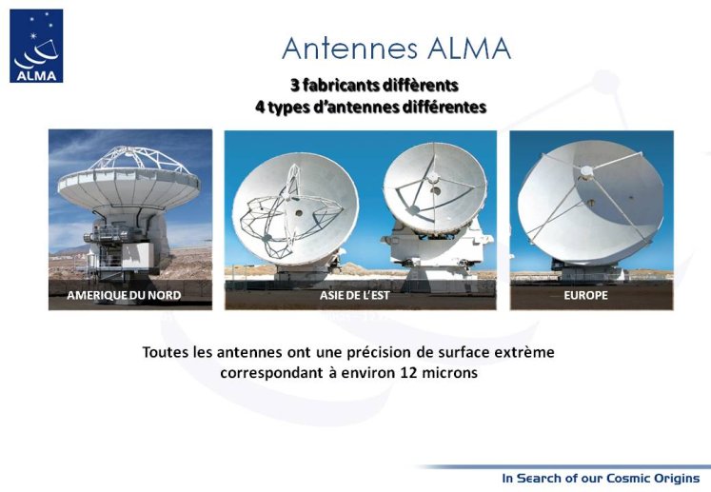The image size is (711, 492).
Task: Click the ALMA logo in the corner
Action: pyautogui.click(x=36, y=46)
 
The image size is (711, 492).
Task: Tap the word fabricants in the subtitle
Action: pyautogui.click(x=340, y=85)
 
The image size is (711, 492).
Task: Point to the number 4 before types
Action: pyautogui.click(x=260, y=108)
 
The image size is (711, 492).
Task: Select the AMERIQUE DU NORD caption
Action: pyautogui.click(x=124, y=295)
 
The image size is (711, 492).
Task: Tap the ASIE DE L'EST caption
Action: pyautogui.click(x=355, y=295)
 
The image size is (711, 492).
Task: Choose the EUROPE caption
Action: pyautogui.click(x=586, y=295)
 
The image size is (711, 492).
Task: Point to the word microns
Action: pyautogui.click(x=450, y=373)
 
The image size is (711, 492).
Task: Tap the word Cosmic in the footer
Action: pyautogui.click(x=627, y=478)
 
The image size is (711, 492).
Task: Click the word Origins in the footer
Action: pyautogui.click(x=676, y=479)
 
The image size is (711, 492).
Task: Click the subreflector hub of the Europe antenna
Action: pyautogui.click(x=586, y=171)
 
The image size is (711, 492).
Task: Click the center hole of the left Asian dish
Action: pyautogui.click(x=299, y=212)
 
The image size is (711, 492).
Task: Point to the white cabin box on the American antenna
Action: pyautogui.click(x=138, y=255)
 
